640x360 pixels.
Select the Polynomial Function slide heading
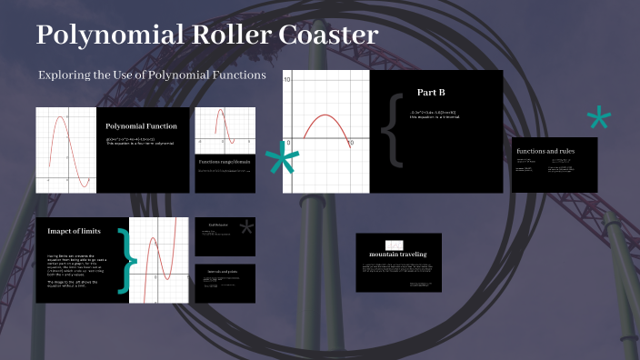click(141, 126)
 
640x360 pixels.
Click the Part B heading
click(431, 93)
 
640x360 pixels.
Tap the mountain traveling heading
click(398, 254)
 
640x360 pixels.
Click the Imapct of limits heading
click(74, 231)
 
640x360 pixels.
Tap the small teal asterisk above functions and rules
click(598, 118)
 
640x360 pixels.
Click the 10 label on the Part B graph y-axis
click(288, 81)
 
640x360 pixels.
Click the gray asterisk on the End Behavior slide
click(246, 229)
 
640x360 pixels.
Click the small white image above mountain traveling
click(394, 244)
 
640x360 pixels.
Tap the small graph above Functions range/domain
click(225, 128)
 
